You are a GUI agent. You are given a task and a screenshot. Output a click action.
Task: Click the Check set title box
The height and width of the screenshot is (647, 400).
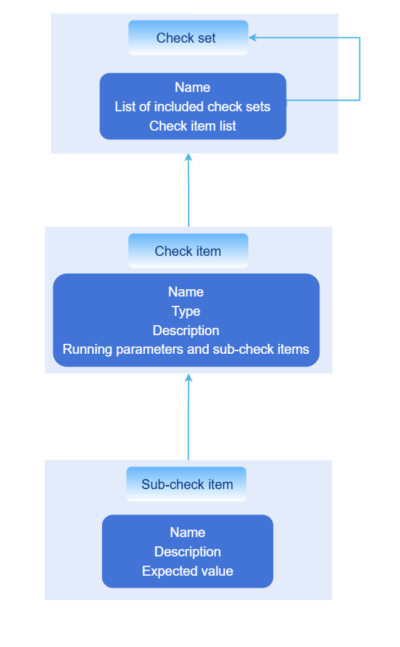188,38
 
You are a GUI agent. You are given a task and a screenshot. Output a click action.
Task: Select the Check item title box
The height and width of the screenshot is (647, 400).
188,251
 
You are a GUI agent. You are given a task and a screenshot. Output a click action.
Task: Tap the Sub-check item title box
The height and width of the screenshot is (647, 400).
187,484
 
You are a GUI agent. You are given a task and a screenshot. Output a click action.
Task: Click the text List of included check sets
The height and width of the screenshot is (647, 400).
193,107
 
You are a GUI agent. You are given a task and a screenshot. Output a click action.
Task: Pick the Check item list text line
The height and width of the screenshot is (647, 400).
193,126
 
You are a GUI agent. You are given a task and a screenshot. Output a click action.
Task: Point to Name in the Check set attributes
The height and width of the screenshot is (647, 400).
193,87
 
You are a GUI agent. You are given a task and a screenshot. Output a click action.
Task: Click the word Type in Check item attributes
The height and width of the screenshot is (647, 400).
186,311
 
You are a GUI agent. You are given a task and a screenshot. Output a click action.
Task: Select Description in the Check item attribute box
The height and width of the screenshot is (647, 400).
186,330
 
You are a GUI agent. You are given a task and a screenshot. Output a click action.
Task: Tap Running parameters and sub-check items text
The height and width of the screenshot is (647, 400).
186,349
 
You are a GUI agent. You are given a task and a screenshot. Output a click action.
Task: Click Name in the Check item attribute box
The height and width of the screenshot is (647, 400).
186,292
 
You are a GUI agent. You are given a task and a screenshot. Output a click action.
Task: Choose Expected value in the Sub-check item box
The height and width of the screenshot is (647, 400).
187,571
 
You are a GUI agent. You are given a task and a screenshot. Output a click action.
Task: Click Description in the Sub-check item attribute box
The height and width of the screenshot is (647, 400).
187,552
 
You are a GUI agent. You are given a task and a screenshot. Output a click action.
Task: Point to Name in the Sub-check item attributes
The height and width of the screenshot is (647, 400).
187,532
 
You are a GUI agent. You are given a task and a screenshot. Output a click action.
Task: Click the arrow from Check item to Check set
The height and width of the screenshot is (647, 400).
189,193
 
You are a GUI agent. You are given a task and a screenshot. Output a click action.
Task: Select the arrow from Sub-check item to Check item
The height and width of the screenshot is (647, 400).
189,420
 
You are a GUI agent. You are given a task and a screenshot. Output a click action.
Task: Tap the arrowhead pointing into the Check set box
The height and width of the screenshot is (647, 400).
253,38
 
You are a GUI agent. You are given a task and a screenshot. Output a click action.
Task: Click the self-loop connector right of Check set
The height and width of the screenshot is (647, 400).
360,70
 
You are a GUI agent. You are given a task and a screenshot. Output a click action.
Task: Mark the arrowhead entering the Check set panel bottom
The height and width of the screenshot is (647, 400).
189,158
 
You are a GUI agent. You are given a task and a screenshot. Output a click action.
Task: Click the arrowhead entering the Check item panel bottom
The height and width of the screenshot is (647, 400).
189,378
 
